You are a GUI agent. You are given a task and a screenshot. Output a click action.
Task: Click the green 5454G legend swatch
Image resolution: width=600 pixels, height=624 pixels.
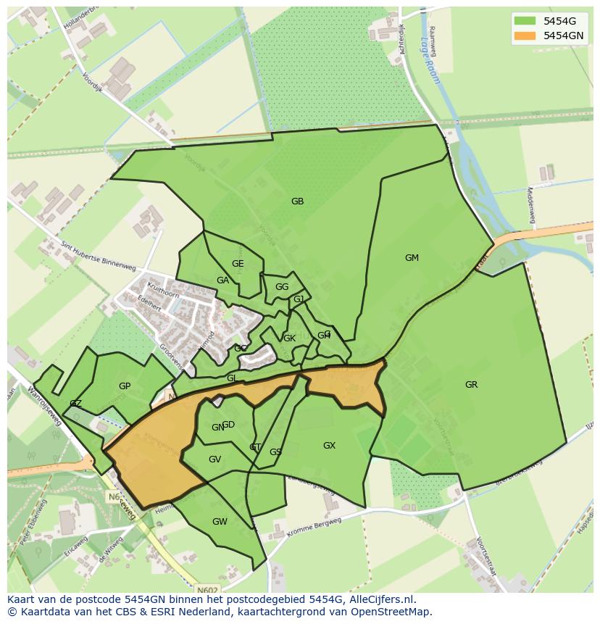(x=525, y=21)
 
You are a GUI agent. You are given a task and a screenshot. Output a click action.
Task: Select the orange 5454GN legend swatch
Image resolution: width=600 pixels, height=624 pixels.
(x=525, y=36)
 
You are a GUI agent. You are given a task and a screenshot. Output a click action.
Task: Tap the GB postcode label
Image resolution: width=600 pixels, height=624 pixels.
(x=297, y=201)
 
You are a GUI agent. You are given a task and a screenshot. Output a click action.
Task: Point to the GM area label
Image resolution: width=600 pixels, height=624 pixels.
(x=412, y=258)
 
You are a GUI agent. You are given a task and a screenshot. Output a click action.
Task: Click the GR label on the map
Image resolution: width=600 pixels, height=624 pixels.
(x=471, y=385)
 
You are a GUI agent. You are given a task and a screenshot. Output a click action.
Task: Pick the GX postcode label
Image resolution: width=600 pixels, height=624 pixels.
(x=329, y=446)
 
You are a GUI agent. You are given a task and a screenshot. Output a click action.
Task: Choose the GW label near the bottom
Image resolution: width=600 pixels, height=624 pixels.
(x=220, y=522)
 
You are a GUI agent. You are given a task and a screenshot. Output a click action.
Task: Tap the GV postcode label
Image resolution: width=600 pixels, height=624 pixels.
(x=214, y=459)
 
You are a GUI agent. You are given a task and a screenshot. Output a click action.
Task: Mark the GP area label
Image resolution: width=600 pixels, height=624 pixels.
(x=125, y=386)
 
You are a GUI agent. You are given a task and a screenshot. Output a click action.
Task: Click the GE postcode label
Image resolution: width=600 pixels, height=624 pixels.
(x=238, y=264)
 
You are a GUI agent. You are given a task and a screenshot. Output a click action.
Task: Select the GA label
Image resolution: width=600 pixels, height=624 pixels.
(x=222, y=280)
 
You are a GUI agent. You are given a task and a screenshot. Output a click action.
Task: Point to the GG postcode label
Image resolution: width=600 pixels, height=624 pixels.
(x=282, y=287)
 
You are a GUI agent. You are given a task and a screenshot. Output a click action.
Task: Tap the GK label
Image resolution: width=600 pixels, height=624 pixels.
(x=289, y=338)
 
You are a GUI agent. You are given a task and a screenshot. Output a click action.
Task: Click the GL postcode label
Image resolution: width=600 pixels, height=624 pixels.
(x=232, y=378)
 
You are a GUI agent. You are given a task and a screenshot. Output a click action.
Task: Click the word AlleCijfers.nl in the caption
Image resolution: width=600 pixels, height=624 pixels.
(x=380, y=600)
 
